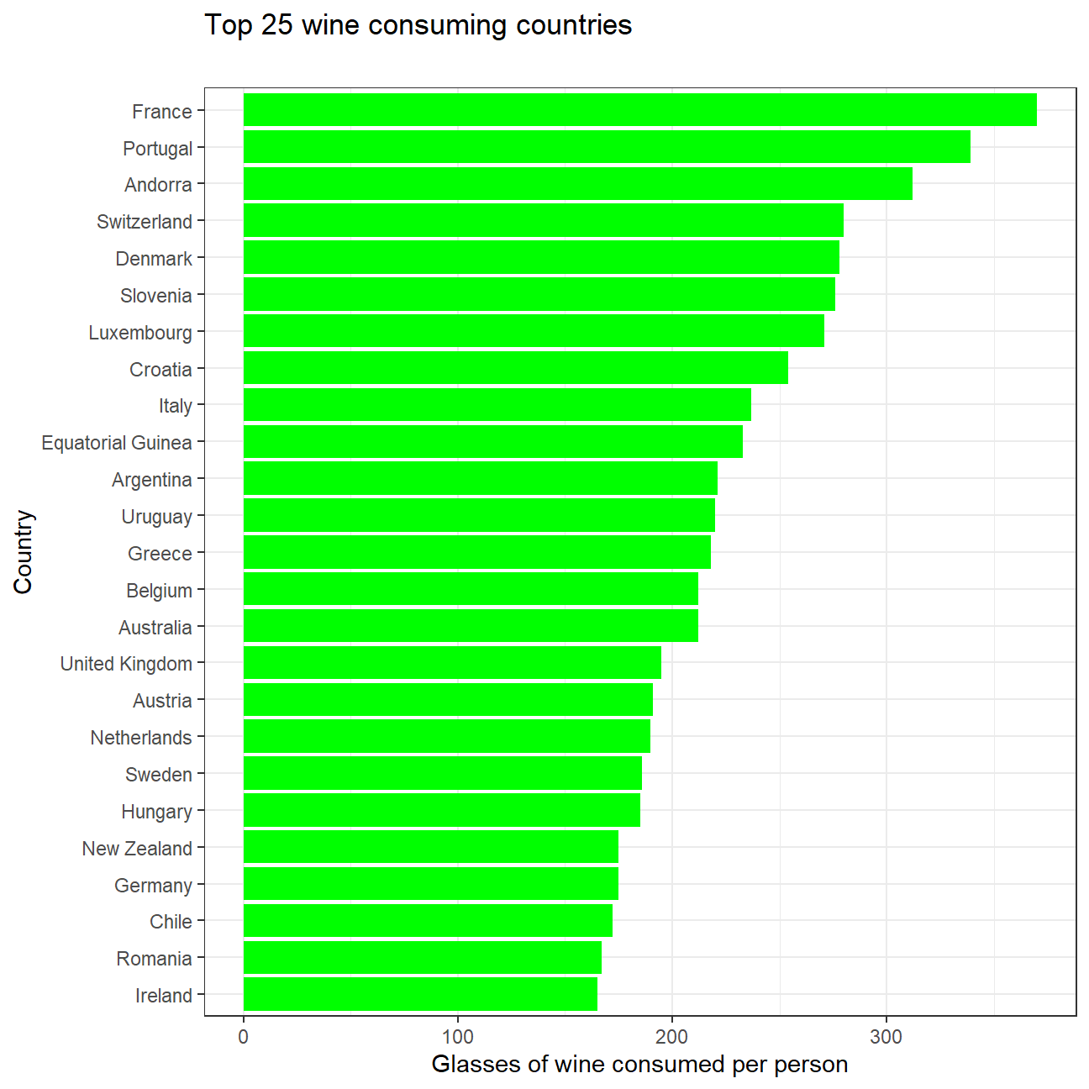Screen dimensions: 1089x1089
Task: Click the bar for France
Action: point(639,110)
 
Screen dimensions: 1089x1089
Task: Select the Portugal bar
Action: point(607,147)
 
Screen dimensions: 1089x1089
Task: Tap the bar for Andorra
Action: point(577,184)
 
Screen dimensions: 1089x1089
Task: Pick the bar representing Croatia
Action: point(515,368)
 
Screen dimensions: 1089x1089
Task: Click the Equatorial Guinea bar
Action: point(492,442)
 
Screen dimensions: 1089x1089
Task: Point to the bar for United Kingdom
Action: point(452,663)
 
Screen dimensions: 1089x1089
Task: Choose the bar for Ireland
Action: point(420,995)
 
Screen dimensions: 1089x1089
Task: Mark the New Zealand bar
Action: point(430,847)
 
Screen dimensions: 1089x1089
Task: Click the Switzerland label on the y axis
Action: point(145,222)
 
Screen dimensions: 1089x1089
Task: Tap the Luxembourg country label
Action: point(140,333)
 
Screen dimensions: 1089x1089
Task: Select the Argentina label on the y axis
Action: point(152,480)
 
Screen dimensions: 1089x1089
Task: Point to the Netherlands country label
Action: point(141,738)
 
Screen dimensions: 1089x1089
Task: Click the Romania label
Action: point(155,959)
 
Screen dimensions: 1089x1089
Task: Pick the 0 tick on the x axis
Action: point(244,1037)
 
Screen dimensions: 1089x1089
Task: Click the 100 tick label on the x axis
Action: point(458,1037)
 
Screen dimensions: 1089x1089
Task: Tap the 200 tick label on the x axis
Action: point(672,1037)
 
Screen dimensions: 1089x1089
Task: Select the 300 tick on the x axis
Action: point(886,1037)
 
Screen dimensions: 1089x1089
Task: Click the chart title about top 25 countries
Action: point(418,25)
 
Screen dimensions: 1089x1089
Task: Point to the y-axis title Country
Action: point(24,552)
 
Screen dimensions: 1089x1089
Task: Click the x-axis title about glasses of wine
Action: point(639,1065)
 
